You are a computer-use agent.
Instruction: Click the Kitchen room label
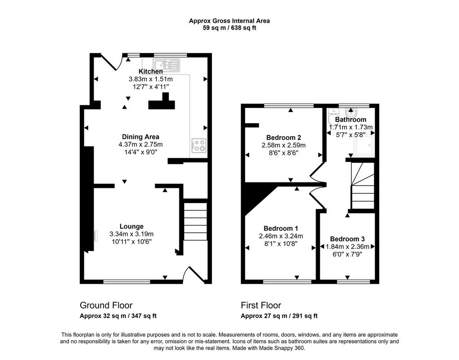pyautogui.click(x=151, y=71)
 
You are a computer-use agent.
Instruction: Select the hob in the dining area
pyautogui.click(x=199, y=145)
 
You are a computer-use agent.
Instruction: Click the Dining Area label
pyautogui.click(x=140, y=137)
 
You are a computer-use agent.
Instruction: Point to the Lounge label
pyautogui.click(x=131, y=226)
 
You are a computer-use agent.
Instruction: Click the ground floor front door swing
pyautogui.click(x=193, y=274)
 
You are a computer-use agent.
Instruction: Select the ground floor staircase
pyautogui.click(x=195, y=221)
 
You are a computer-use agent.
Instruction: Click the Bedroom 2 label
pyautogui.click(x=284, y=138)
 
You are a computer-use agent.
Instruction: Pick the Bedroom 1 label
pyautogui.click(x=281, y=228)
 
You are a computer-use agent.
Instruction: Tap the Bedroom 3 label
pyautogui.click(x=347, y=239)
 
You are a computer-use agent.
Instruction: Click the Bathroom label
pyautogui.click(x=351, y=119)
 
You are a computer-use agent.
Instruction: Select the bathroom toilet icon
pyautogui.click(x=333, y=116)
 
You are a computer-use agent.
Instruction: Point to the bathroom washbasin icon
pyautogui.click(x=351, y=113)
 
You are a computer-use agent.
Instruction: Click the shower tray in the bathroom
pyautogui.click(x=364, y=145)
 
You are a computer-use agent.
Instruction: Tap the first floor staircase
pyautogui.click(x=363, y=186)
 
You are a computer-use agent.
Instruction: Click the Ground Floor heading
pyautogui.click(x=106, y=306)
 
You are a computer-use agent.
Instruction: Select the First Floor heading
pyautogui.click(x=261, y=306)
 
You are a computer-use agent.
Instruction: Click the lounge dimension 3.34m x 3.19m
pyautogui.click(x=131, y=234)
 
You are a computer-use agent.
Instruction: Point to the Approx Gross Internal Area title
pyautogui.click(x=229, y=21)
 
